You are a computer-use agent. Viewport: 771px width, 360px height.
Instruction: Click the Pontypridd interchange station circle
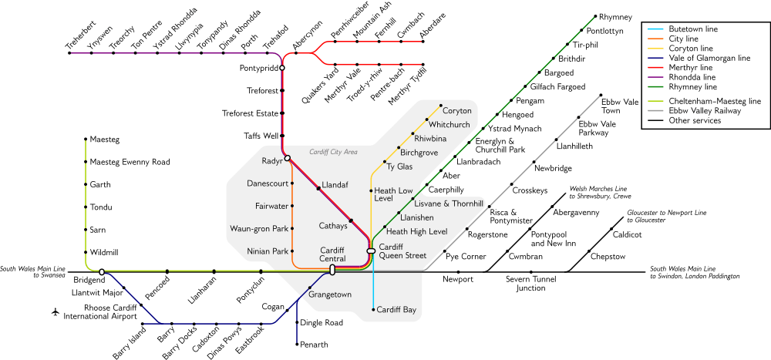282,68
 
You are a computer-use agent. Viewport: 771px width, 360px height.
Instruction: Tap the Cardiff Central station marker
332,270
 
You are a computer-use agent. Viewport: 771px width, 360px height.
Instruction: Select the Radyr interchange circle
287,158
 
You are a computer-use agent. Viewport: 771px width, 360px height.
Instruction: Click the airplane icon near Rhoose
55,311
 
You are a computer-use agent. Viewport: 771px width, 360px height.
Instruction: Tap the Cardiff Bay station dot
373,310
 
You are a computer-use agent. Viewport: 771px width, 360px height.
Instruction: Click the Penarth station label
314,345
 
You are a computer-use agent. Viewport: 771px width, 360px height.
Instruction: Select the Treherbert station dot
69,52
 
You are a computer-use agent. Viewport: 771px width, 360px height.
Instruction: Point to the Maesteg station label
105,140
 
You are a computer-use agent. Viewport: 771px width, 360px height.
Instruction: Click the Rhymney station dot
595,16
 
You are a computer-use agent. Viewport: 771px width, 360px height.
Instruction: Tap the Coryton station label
457,111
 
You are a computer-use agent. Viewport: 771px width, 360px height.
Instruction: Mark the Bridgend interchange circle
102,271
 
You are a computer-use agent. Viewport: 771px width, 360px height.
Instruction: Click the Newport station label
458,280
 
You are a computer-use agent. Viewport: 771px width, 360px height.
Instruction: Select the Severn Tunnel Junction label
530,284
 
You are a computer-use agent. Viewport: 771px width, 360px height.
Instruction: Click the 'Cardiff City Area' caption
333,152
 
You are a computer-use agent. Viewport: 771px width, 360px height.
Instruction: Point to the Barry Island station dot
142,324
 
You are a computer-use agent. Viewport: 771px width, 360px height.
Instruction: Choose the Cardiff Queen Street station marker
372,251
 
